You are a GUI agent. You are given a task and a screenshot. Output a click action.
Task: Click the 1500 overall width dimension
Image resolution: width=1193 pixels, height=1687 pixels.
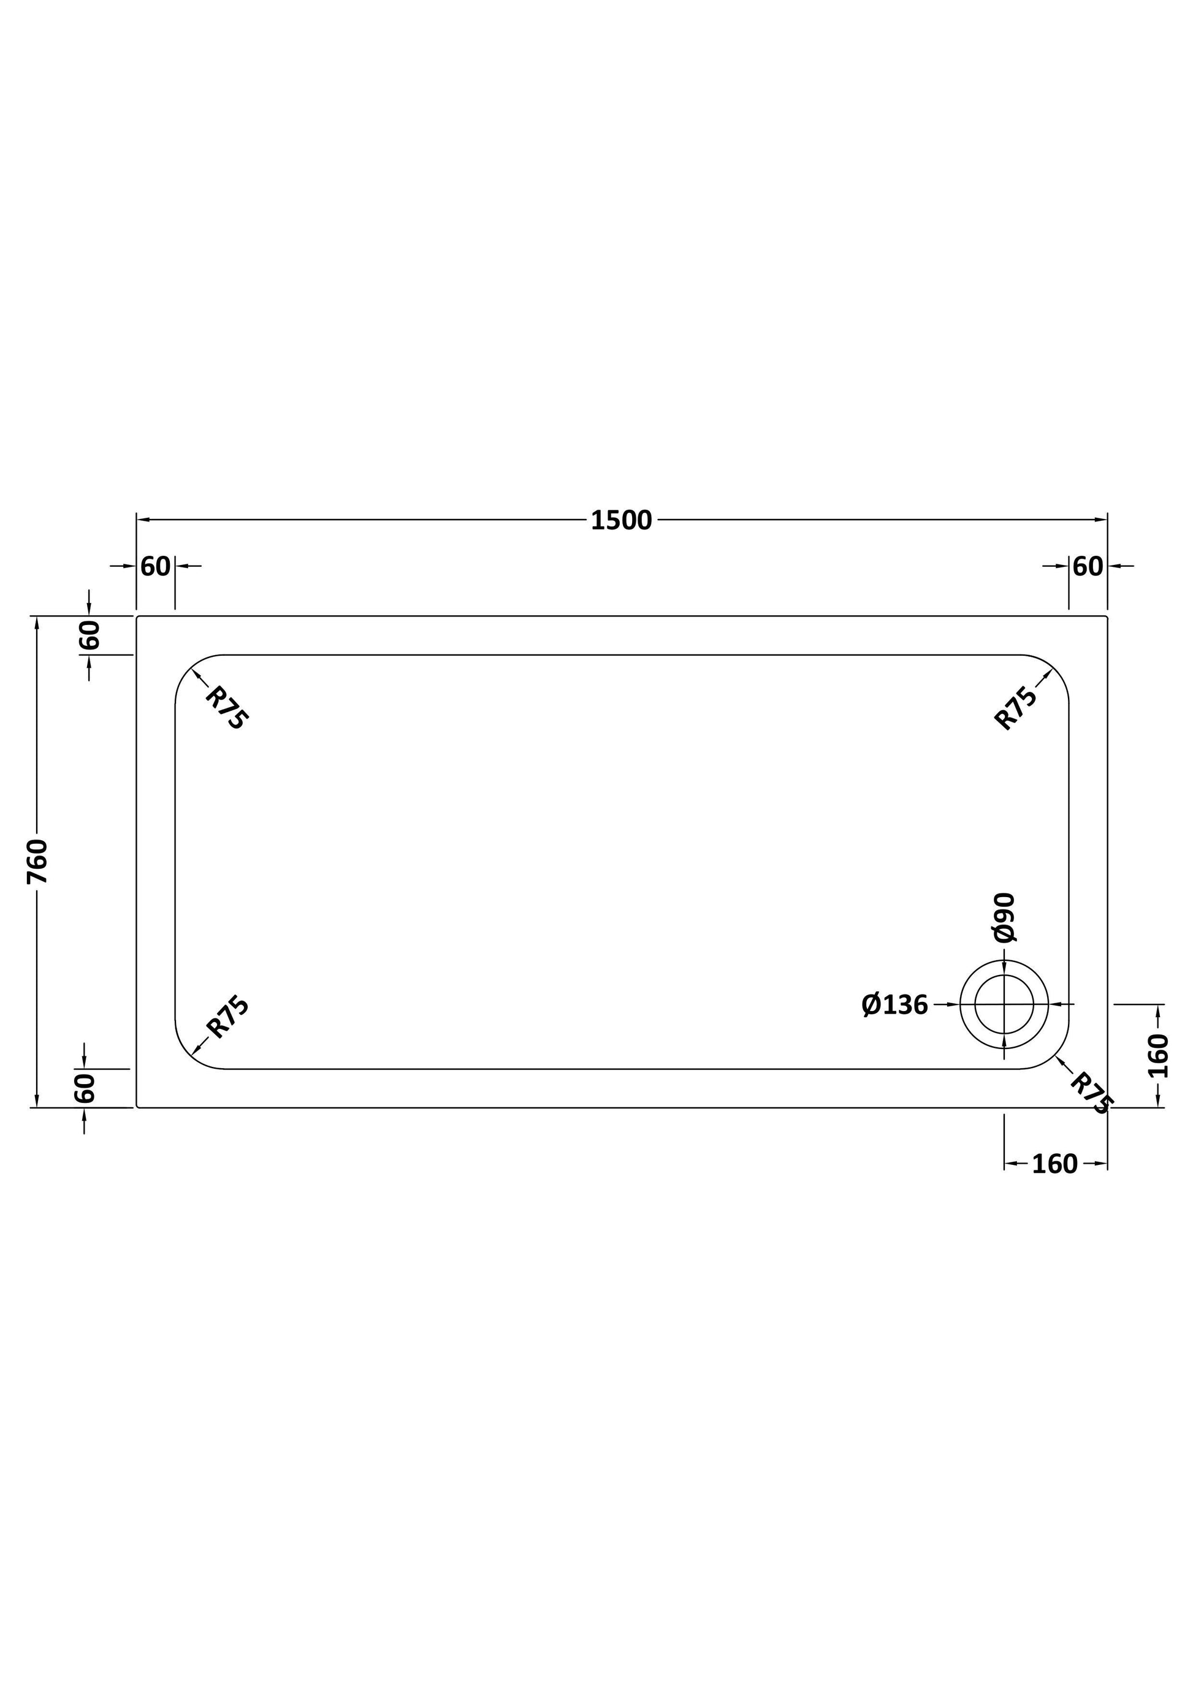(621, 520)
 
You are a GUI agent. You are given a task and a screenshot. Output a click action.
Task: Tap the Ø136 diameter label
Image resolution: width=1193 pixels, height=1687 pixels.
(894, 1004)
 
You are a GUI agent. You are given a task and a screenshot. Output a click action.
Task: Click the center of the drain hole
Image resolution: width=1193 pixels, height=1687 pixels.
(1004, 1004)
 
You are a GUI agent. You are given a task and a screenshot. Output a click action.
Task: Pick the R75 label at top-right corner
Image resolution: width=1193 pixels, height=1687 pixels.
(1016, 708)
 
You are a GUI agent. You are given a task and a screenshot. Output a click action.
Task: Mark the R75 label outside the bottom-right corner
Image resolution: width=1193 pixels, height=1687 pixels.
(1092, 1093)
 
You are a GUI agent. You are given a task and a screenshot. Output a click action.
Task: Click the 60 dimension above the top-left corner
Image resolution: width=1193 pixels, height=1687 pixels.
(155, 566)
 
